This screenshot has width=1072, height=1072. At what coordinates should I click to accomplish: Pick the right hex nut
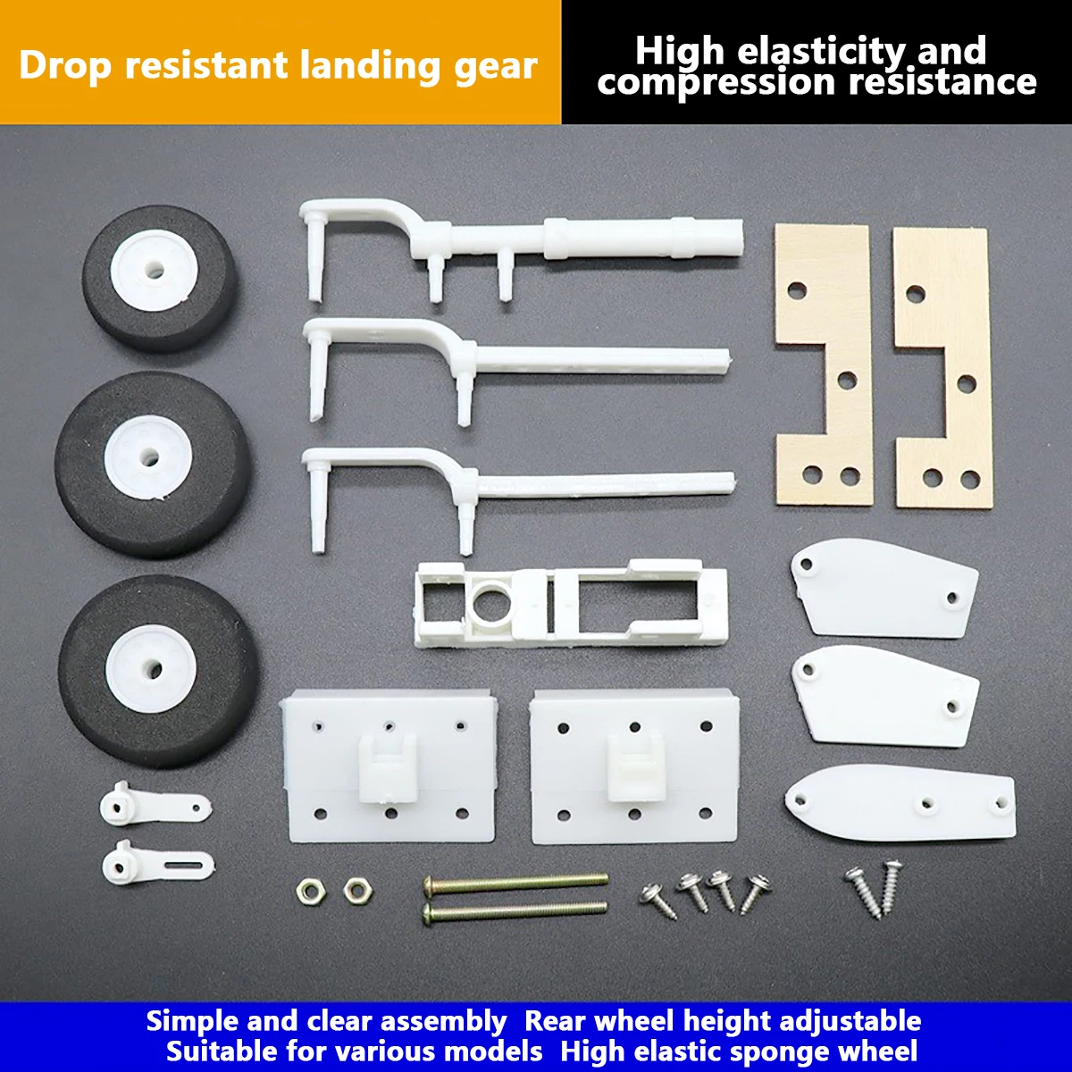[358, 890]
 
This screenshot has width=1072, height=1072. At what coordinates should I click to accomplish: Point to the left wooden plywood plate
[823, 364]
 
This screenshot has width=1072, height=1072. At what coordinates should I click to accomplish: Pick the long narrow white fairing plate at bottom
[901, 801]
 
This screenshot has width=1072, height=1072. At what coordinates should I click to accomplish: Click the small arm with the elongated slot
[156, 863]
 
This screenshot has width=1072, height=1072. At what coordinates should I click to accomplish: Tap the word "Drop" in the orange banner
[65, 66]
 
